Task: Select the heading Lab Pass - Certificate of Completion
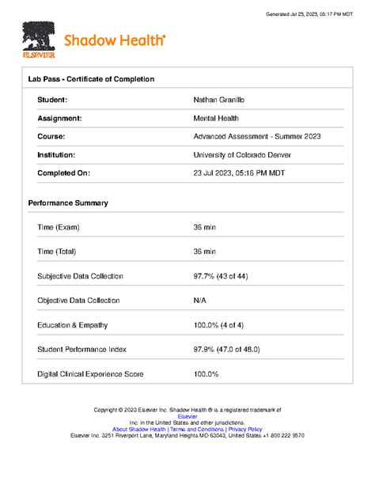[91, 79]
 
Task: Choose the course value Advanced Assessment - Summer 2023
[257, 136]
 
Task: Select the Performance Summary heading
[68, 203]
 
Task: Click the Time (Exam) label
[59, 227]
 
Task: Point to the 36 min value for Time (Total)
[204, 252]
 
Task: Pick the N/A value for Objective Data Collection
[201, 301]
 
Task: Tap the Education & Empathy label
[73, 325]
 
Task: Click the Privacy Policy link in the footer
[244, 430]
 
